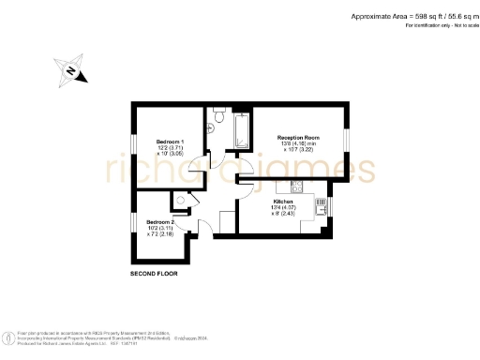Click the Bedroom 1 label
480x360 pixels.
(170, 141)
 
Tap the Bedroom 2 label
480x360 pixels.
(161, 221)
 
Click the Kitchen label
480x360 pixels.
(284, 201)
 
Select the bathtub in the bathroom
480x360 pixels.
(241, 132)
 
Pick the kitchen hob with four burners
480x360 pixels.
(295, 185)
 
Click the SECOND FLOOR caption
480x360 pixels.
(154, 274)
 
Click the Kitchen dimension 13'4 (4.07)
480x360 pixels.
(284, 207)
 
